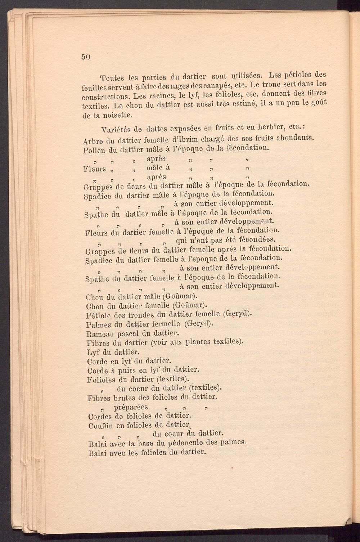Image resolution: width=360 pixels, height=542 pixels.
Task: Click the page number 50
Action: tap(85, 57)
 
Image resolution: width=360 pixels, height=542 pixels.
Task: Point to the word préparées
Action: tap(130, 407)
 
